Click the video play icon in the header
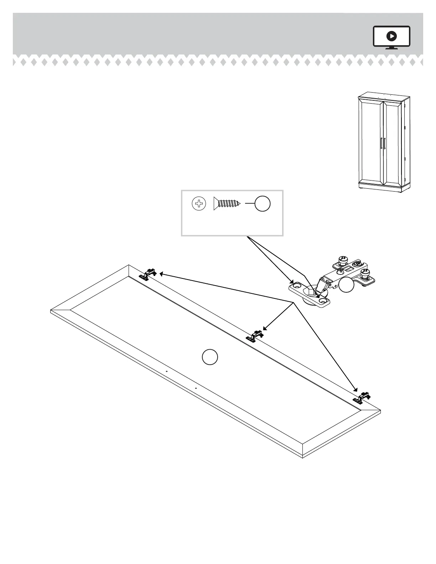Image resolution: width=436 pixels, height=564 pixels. point(391,36)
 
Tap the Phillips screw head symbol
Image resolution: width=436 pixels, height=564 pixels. point(199,204)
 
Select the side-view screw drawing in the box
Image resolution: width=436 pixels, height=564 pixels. point(227,204)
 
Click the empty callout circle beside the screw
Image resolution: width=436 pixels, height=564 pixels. point(263,204)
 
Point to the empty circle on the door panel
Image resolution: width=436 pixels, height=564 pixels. point(210,357)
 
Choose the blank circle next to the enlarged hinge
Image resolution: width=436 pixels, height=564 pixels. point(346,285)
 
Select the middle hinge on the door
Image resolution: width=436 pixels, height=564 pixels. point(255,336)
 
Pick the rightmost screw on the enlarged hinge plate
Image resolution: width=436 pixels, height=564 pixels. point(365,273)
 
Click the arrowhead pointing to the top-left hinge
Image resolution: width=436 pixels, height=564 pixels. point(161,273)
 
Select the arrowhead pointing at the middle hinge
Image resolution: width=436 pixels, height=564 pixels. point(264,329)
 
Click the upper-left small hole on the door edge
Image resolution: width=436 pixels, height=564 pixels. point(166,371)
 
